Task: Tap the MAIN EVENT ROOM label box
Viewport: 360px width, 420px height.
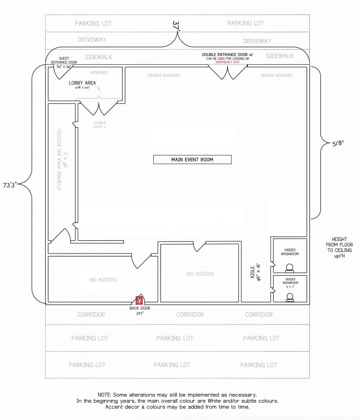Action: (192, 159)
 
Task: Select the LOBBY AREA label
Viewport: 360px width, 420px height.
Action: (82, 83)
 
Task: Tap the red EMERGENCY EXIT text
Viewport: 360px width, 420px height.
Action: (228, 62)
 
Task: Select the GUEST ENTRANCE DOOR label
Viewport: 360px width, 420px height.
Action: (67, 60)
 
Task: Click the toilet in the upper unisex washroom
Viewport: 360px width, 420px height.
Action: (290, 268)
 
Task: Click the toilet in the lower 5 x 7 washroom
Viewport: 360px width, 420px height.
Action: (290, 298)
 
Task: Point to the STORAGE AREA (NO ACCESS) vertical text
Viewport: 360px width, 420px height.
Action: (59, 159)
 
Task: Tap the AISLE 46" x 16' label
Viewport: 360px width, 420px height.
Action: (255, 272)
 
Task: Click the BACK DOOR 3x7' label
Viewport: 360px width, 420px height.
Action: (139, 311)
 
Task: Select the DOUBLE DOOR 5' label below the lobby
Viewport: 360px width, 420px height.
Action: (100, 125)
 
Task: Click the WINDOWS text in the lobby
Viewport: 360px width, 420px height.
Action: (99, 73)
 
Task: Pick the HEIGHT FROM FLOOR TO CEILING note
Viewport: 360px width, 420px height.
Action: (342, 248)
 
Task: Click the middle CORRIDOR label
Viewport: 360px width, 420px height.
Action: (190, 314)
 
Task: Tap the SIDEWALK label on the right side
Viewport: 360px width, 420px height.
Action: (280, 56)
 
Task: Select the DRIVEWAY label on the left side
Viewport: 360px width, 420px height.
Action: (92, 40)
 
